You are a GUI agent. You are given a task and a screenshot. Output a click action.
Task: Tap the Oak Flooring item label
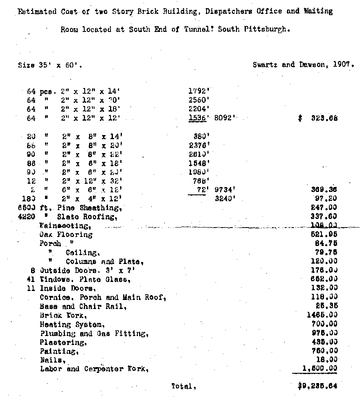[66, 235]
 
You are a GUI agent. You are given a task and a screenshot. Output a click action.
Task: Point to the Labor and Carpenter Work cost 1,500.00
[319, 369]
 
